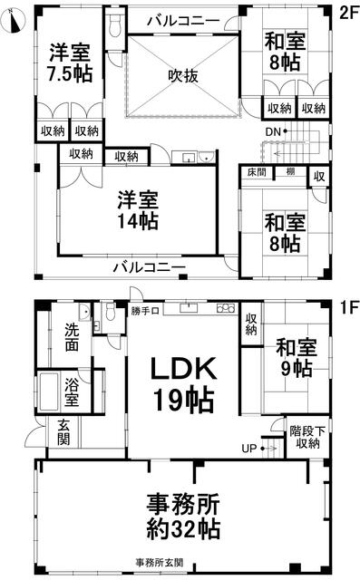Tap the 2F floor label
click(x=349, y=14)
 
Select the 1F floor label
click(x=349, y=307)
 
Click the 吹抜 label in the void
click(x=183, y=76)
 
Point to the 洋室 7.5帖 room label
click(x=70, y=63)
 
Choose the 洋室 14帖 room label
click(x=138, y=210)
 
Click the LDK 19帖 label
click(x=183, y=385)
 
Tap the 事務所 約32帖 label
click(x=183, y=517)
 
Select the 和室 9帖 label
click(x=297, y=358)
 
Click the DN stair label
click(x=274, y=131)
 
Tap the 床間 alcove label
click(x=257, y=172)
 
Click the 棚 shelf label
click(x=290, y=171)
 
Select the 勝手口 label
click(x=145, y=311)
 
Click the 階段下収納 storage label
click(x=307, y=437)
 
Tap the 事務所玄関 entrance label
click(x=159, y=563)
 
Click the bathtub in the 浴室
click(x=49, y=391)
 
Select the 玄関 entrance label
click(x=63, y=432)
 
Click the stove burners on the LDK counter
click(x=226, y=308)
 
